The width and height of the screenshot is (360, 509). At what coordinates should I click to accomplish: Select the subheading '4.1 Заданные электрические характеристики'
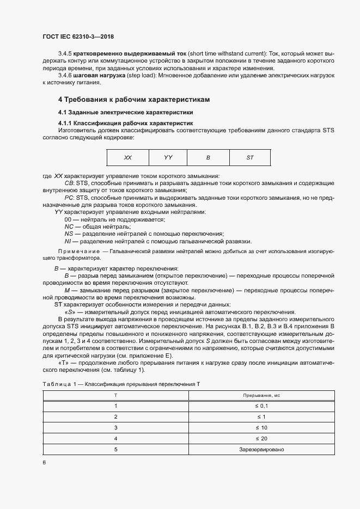pos(126,112)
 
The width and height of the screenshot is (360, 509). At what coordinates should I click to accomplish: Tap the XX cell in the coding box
pos(127,157)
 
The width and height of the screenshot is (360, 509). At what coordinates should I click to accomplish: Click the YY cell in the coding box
pos(168,157)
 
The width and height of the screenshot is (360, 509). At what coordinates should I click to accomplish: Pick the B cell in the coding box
pos(208,157)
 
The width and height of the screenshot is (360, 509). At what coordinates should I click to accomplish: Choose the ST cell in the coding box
pos(250,157)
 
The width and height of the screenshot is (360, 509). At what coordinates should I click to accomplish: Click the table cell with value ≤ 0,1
pos(261,406)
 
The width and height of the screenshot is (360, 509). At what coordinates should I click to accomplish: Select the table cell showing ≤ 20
pos(261,438)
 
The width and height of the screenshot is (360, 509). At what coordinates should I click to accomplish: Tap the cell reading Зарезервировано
pos(261,450)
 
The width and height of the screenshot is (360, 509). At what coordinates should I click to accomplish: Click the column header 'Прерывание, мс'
pos(261,395)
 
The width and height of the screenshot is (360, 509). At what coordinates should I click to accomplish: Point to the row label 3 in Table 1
pos(115,427)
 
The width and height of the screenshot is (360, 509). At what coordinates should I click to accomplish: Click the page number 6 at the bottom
pos(44,462)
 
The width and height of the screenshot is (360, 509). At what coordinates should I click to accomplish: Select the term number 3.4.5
pos(65,53)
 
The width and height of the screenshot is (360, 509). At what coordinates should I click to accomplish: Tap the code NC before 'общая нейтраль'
pos(69,226)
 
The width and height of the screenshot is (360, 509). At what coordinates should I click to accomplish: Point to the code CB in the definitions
pos(69,183)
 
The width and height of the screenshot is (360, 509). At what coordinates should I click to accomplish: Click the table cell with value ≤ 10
pos(261,427)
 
